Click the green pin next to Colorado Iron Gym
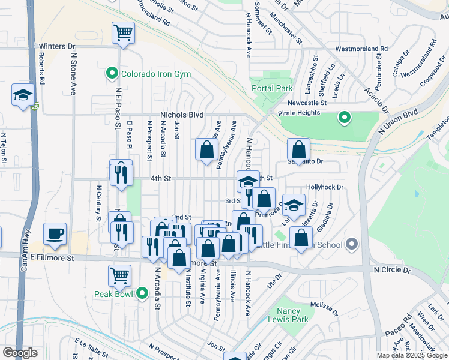(x=112, y=74)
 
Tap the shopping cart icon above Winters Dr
(x=123, y=32)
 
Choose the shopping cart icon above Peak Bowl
(x=119, y=275)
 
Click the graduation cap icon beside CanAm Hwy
(x=23, y=94)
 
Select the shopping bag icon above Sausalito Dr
(x=298, y=149)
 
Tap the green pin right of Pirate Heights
(x=344, y=118)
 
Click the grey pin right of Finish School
(x=352, y=244)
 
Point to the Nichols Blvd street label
(x=182, y=115)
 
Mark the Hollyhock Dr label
(x=324, y=187)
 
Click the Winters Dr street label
(x=57, y=46)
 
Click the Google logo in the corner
(x=20, y=353)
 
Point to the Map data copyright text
(x=412, y=355)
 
